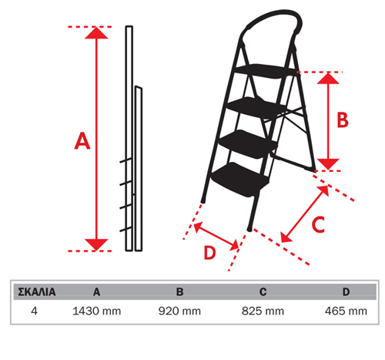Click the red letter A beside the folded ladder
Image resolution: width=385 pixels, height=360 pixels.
82,141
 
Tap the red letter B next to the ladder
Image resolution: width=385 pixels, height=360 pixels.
343,119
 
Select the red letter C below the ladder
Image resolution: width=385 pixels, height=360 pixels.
318,224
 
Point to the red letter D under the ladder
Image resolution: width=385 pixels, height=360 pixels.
209,253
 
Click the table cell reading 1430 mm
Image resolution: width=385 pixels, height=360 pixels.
97,311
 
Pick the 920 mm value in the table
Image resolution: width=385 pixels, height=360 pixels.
179,311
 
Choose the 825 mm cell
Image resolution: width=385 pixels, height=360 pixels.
263,311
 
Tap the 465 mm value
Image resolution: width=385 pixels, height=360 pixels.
346,311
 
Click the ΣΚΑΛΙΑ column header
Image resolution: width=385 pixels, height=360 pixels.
37,292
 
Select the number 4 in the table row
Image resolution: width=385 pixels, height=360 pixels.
34,311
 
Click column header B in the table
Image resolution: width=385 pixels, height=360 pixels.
179,292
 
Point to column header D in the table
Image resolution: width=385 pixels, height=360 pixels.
346,292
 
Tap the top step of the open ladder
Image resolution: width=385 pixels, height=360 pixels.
266,71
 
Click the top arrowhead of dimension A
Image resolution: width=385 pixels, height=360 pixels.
96,33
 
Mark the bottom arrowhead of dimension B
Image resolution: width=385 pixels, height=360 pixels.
328,164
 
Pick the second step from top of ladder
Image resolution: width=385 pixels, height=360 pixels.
256,107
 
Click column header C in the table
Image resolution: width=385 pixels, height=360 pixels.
263,292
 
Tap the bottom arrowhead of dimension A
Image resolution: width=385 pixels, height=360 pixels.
96,244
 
